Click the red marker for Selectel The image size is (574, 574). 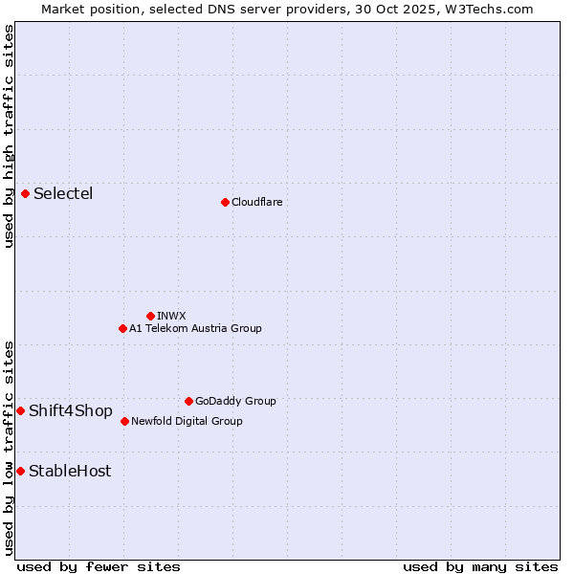tap(25, 194)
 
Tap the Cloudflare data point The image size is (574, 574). tap(225, 202)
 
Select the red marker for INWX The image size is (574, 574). tap(150, 316)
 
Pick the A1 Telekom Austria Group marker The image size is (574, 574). tap(122, 328)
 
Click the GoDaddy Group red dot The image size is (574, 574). tap(188, 401)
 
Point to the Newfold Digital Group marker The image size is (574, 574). tap(124, 421)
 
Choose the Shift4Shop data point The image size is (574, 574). tap(20, 410)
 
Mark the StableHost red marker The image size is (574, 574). tap(20, 471)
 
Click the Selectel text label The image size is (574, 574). tap(63, 194)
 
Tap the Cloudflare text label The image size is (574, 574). tap(256, 202)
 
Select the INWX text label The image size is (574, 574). tap(171, 316)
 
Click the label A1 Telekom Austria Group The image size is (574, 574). tap(195, 328)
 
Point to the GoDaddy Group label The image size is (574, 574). tap(235, 401)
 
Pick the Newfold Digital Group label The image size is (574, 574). tap(187, 421)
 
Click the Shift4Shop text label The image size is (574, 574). tap(71, 411)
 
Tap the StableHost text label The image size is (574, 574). tap(70, 471)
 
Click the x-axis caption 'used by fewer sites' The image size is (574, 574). tap(99, 566)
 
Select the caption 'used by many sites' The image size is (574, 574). tap(480, 566)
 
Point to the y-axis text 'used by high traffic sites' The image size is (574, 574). tap(9, 136)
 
